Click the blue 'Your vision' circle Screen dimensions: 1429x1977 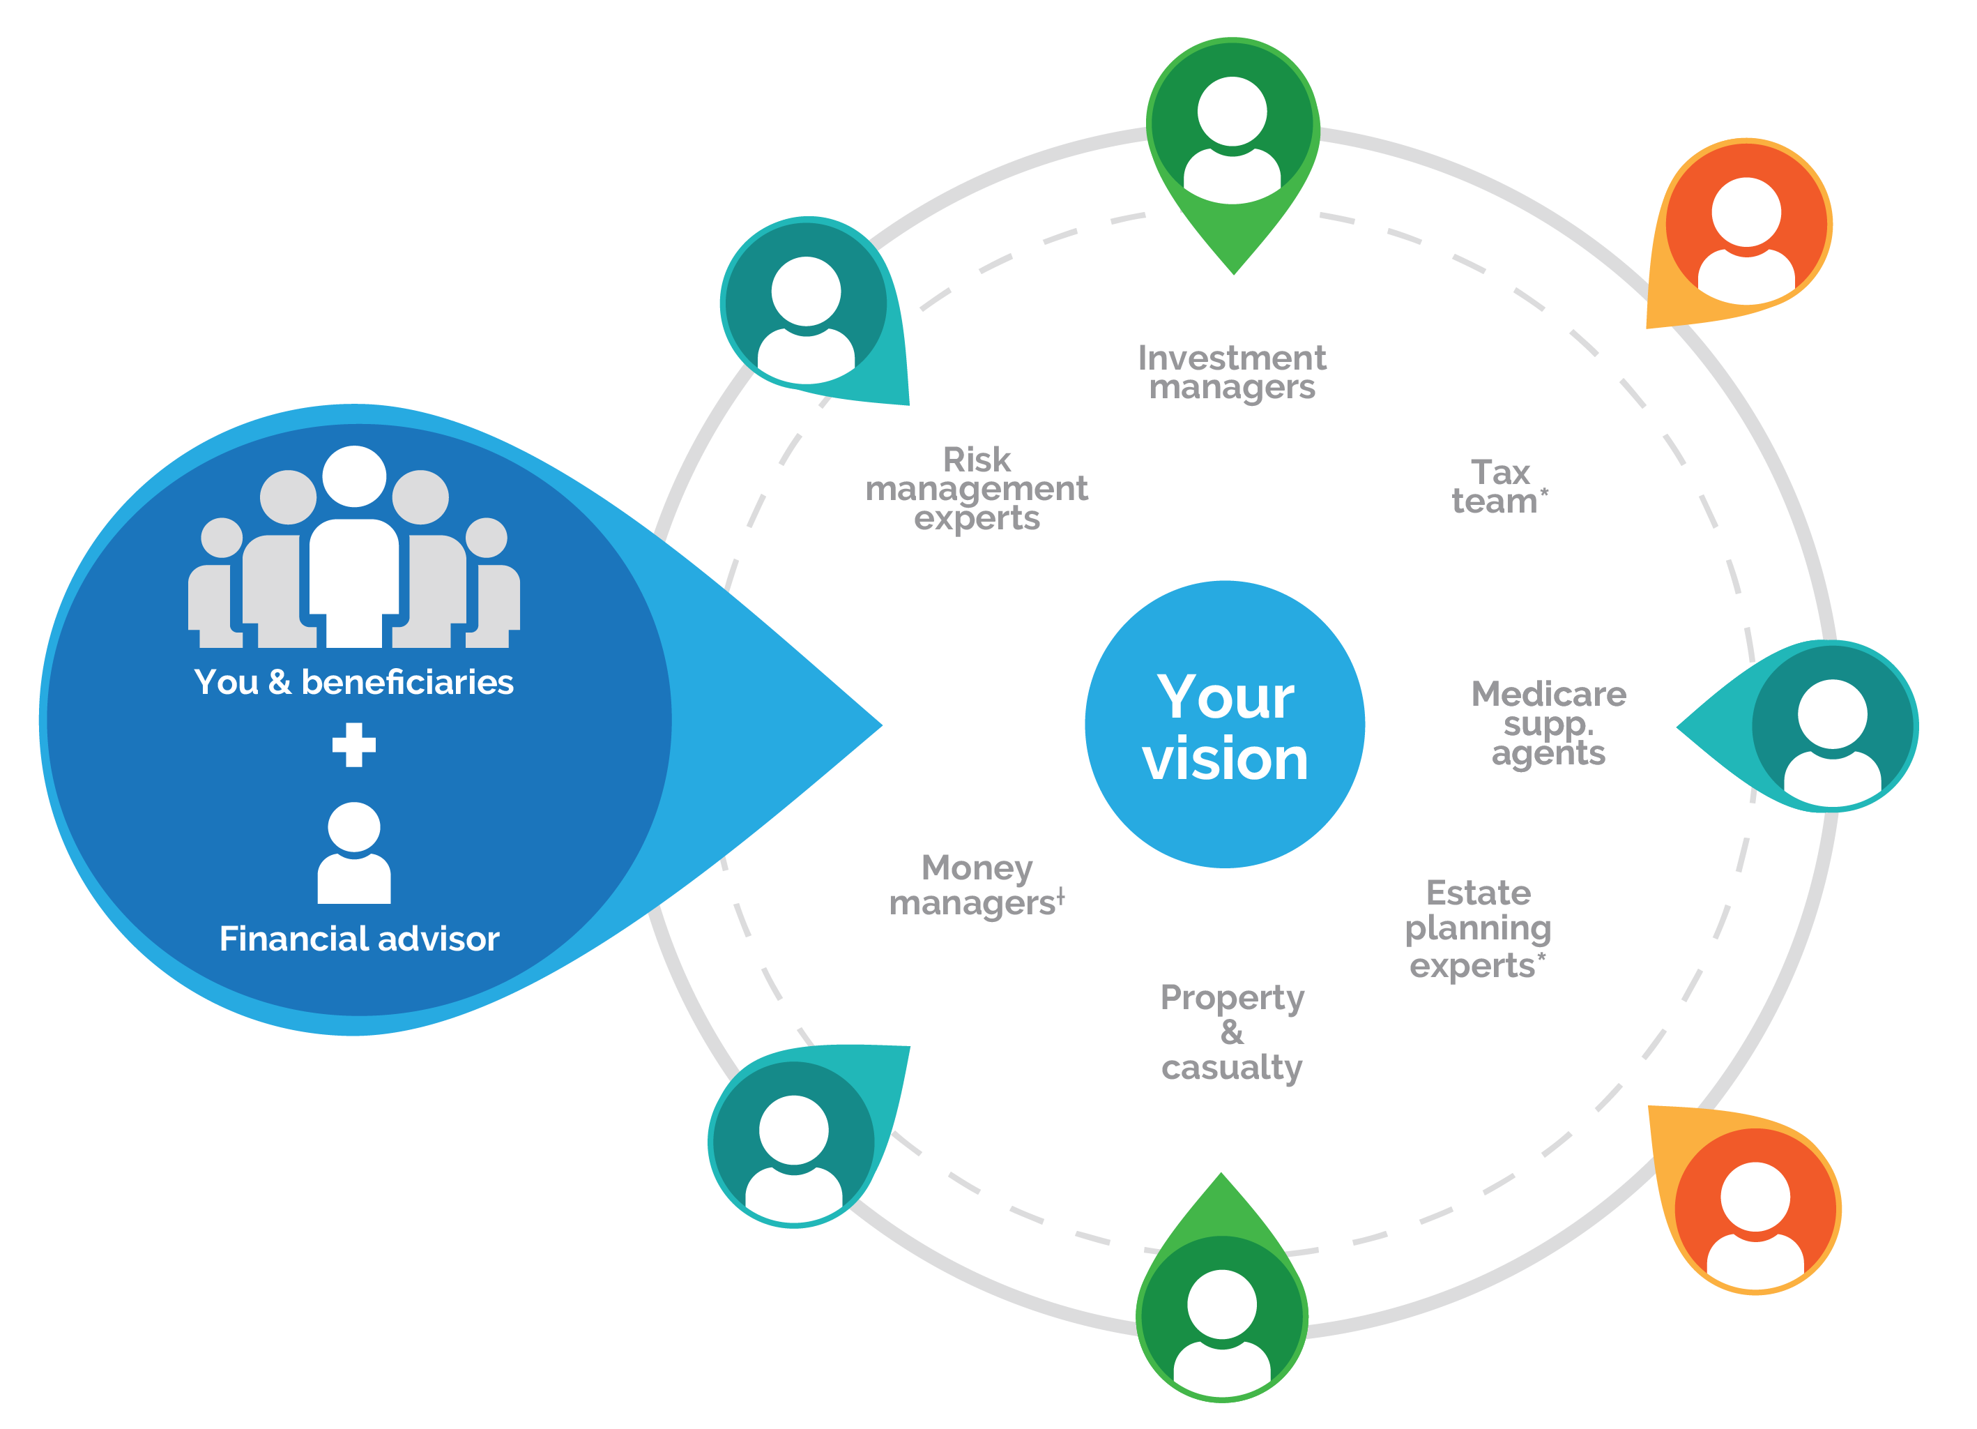coord(1224,725)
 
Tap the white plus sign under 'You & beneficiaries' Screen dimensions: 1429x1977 coord(354,745)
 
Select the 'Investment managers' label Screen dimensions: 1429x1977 coord(1231,372)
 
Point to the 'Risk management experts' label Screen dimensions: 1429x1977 coord(976,488)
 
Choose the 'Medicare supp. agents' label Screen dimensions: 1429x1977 coord(1548,723)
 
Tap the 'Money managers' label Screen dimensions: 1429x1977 coord(976,885)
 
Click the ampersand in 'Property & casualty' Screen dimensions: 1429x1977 coord(1231,1032)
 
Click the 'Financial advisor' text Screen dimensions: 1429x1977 coord(359,939)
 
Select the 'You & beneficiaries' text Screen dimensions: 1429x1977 coord(354,682)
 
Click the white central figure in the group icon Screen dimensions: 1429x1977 coord(354,558)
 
